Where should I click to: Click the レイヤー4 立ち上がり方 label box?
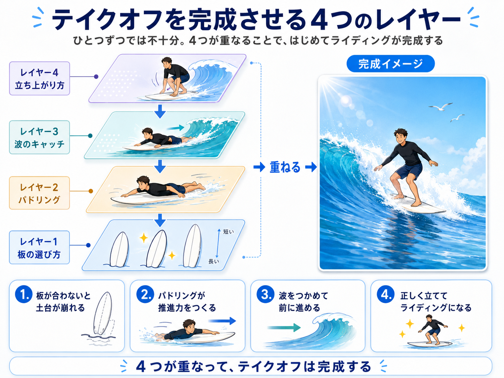pyautogui.click(x=39, y=79)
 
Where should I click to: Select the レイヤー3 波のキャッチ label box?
pyautogui.click(x=39, y=137)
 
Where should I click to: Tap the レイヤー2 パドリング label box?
pyautogui.click(x=39, y=193)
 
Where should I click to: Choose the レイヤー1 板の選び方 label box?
pyautogui.click(x=39, y=247)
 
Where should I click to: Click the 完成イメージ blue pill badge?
pyautogui.click(x=391, y=64)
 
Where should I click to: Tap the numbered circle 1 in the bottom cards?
pyautogui.click(x=24, y=294)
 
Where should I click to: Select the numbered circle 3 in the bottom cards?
pyautogui.click(x=266, y=294)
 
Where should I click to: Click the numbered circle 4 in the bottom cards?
pyautogui.click(x=386, y=294)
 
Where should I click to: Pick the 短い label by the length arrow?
pyautogui.click(x=228, y=232)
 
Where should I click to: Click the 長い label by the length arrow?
pyautogui.click(x=214, y=261)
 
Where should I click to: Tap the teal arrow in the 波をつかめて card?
pyautogui.click(x=284, y=328)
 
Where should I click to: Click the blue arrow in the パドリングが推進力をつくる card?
pyautogui.click(x=222, y=321)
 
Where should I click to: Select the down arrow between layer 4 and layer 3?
pyautogui.click(x=160, y=111)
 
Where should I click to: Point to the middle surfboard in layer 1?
pyautogui.click(x=157, y=249)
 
